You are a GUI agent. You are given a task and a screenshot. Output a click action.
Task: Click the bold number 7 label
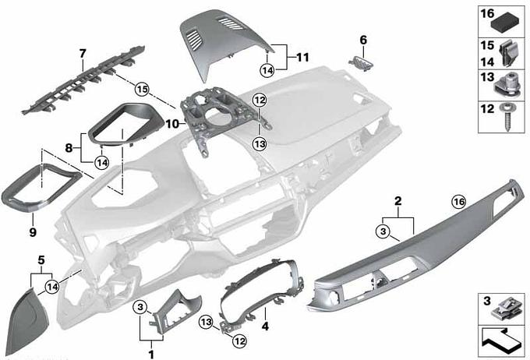(x=82, y=53)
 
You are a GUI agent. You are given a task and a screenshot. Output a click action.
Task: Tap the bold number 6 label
(x=363, y=39)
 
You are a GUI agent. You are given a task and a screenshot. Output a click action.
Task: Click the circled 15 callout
(x=141, y=88)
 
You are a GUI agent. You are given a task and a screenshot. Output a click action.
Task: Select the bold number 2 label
(x=397, y=201)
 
